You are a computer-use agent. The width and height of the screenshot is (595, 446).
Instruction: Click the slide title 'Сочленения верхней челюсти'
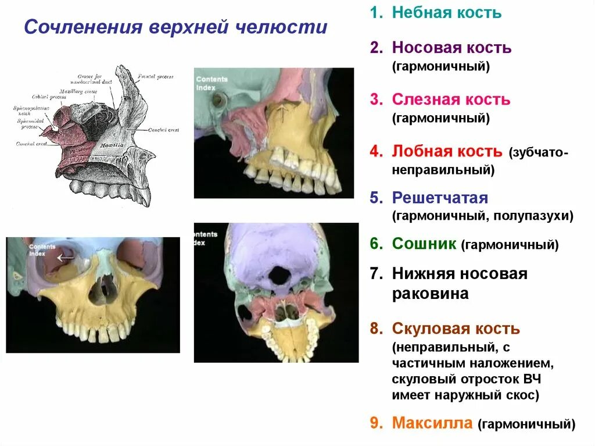[x=175, y=27]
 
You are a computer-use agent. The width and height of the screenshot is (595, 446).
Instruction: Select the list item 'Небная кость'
[x=446, y=13]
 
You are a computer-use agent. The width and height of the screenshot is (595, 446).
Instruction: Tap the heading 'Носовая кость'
[x=451, y=48]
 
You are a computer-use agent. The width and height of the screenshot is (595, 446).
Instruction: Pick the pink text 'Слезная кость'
[x=451, y=99]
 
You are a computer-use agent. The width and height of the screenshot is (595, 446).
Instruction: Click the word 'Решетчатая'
[x=440, y=198]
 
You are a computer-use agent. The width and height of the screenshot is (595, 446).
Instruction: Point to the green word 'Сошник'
[x=425, y=244]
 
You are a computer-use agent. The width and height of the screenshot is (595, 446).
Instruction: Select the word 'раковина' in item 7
[x=430, y=294]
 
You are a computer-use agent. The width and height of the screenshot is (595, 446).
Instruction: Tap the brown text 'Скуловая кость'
[x=456, y=329]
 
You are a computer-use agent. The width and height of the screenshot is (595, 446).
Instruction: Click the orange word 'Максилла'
[x=432, y=423]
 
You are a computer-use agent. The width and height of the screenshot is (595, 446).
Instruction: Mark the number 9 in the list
[x=375, y=423]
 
